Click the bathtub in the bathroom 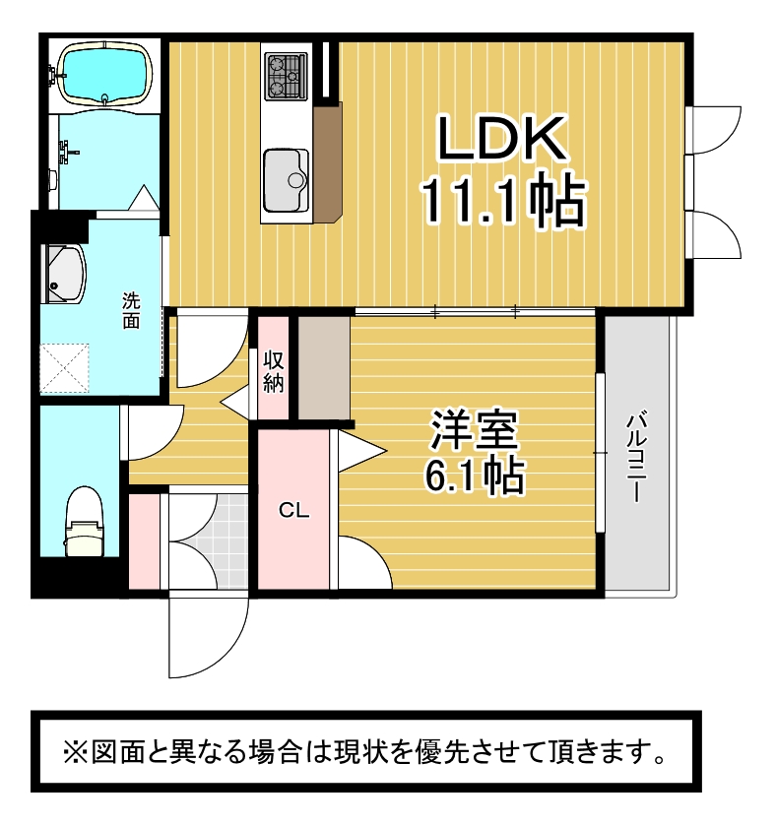click(x=105, y=72)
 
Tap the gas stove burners click(x=286, y=76)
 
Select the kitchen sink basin click(x=286, y=180)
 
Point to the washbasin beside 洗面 click(x=65, y=274)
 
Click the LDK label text click(x=501, y=138)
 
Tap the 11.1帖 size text click(x=502, y=202)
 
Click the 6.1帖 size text click(x=475, y=476)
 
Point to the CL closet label click(x=294, y=509)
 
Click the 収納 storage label click(x=274, y=372)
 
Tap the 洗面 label click(x=131, y=311)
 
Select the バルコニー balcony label click(x=636, y=457)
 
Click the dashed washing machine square click(x=65, y=368)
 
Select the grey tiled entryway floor click(x=208, y=541)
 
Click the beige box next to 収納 click(x=324, y=367)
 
